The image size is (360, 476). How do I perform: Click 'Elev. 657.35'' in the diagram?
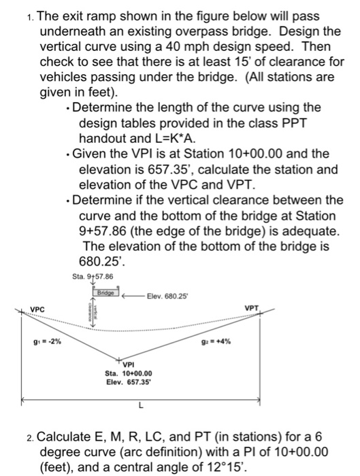tap(129, 382)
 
